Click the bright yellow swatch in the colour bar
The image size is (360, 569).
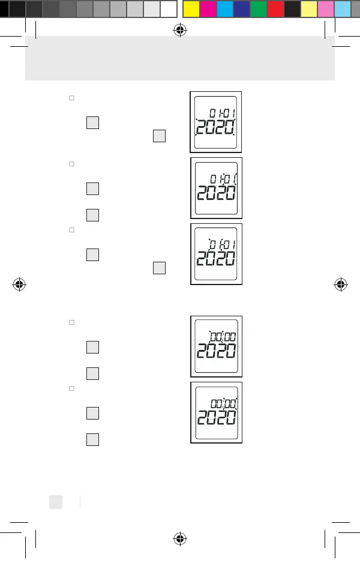click(191, 8)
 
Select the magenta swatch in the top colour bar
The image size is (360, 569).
click(208, 8)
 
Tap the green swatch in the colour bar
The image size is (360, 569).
click(258, 8)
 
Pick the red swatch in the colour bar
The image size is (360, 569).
click(275, 8)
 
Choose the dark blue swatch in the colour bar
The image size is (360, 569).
click(241, 8)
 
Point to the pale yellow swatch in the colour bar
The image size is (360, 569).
click(309, 8)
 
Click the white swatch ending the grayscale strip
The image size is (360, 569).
click(169, 8)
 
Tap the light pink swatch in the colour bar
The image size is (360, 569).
click(326, 8)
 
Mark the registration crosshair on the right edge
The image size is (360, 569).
click(341, 284)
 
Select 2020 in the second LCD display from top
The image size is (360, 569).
click(215, 194)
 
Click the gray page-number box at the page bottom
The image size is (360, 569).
click(55, 502)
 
